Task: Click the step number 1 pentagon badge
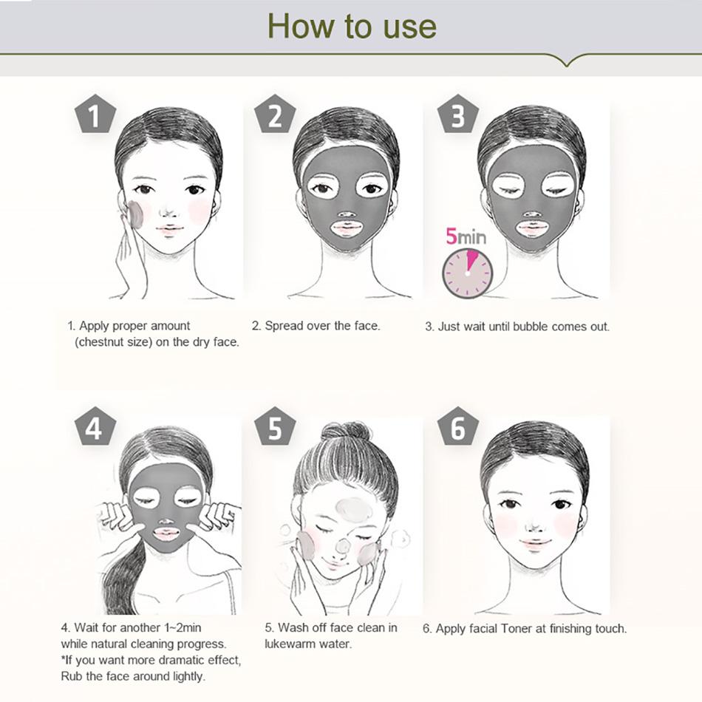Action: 95,115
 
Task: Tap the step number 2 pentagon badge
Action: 276,115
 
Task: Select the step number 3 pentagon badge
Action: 458,115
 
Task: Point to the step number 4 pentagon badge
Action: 95,428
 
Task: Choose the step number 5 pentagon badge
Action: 276,428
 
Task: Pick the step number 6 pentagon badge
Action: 458,428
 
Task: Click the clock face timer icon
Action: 467,273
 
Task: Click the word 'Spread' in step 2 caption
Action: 282,326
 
